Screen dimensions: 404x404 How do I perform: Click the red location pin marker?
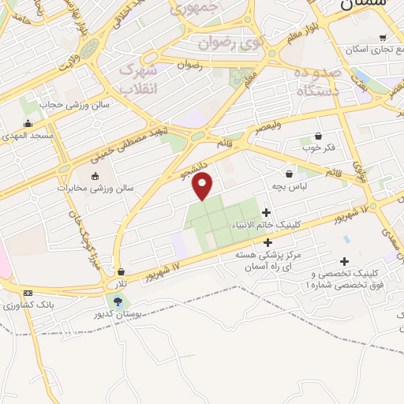203,185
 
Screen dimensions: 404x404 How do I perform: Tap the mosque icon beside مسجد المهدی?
28,122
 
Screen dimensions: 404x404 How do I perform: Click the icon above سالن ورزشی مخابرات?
95,176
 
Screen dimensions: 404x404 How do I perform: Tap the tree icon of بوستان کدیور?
118,301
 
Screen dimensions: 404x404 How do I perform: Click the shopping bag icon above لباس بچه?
290,173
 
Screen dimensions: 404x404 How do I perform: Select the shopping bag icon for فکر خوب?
317,136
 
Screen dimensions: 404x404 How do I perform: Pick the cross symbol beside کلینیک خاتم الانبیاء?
266,211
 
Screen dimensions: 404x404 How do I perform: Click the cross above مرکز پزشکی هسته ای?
267,242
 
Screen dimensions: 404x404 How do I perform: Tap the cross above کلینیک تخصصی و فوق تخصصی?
344,261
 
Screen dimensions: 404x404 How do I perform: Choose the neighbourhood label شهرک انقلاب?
138,80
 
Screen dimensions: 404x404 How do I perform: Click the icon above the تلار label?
120,271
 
